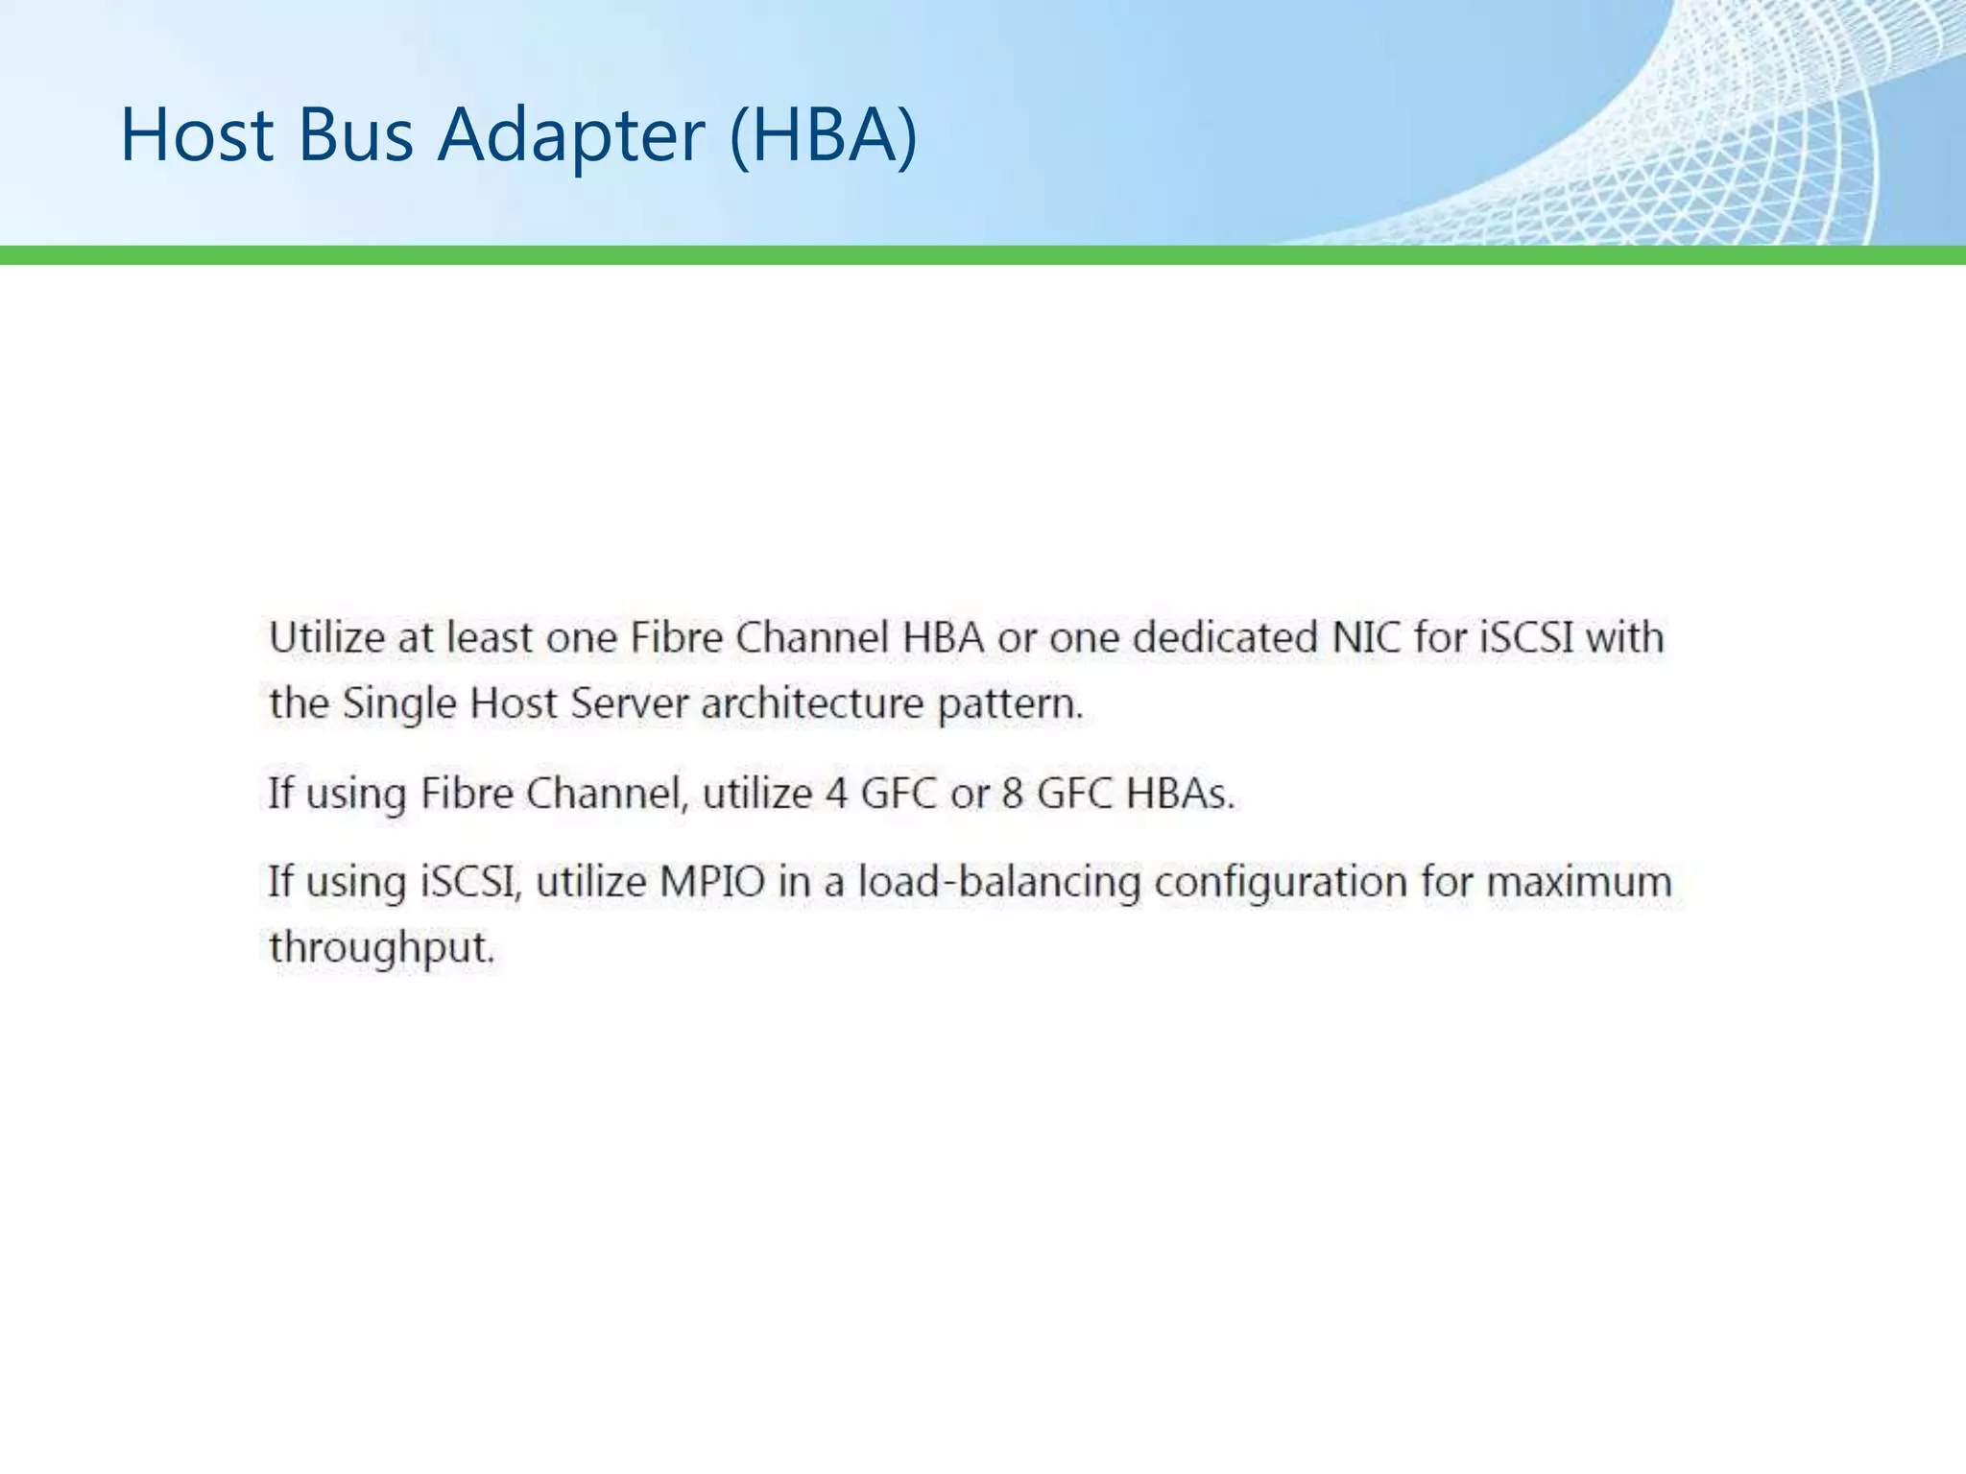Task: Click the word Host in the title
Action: (197, 134)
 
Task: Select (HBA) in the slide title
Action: (824, 134)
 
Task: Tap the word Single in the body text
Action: (399, 703)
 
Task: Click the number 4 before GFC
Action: (837, 794)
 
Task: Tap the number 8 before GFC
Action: (1012, 794)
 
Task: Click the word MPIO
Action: (711, 882)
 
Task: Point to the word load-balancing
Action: (998, 882)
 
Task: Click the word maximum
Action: (1579, 882)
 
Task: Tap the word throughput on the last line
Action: (380, 949)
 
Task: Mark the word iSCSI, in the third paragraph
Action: (471, 882)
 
